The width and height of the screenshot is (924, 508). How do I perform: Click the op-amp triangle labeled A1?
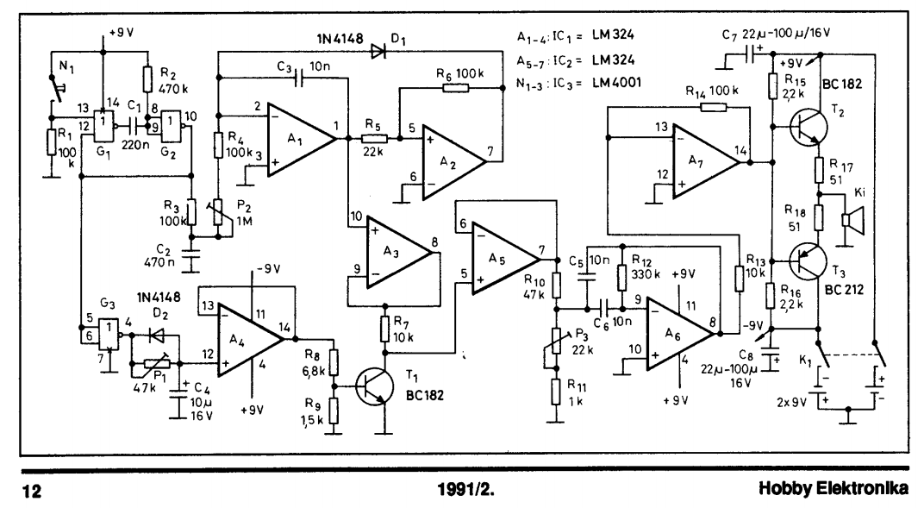point(301,139)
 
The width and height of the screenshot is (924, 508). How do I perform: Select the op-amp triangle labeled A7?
point(705,160)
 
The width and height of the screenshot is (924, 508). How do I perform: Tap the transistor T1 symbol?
point(374,386)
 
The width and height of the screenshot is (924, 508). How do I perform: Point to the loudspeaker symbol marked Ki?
point(852,220)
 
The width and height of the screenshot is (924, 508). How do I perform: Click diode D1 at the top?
point(378,52)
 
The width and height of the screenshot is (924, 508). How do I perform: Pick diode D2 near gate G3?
point(157,336)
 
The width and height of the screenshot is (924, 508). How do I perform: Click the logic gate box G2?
point(172,126)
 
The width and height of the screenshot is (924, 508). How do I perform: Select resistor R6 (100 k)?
point(455,88)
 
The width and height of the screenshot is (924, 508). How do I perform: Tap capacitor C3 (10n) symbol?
point(299,78)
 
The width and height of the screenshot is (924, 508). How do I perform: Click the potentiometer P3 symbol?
point(555,342)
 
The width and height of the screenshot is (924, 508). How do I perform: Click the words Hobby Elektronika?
point(833,488)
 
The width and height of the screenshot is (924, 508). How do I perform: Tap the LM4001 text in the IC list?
point(615,83)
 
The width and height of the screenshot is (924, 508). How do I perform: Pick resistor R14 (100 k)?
point(713,107)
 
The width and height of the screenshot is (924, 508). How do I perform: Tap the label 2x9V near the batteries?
point(791,403)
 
